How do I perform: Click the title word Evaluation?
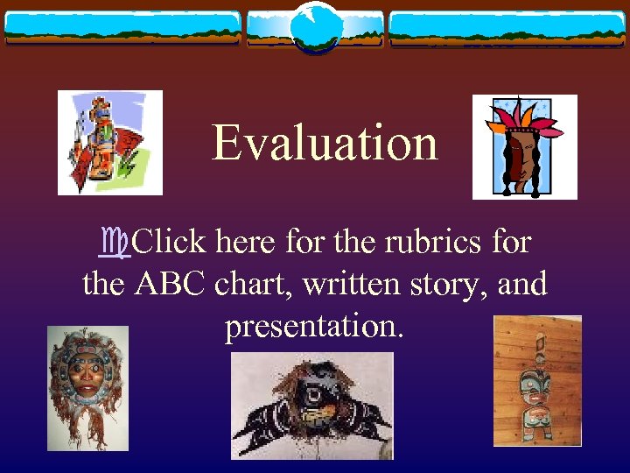325,142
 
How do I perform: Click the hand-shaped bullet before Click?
115,242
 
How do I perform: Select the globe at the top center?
315,26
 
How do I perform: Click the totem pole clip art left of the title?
109,142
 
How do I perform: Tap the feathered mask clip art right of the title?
524,146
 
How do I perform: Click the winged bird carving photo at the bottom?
311,406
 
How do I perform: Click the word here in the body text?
248,240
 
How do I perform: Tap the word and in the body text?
521,283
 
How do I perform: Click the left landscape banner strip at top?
122,28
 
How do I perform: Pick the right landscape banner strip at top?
507,28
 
